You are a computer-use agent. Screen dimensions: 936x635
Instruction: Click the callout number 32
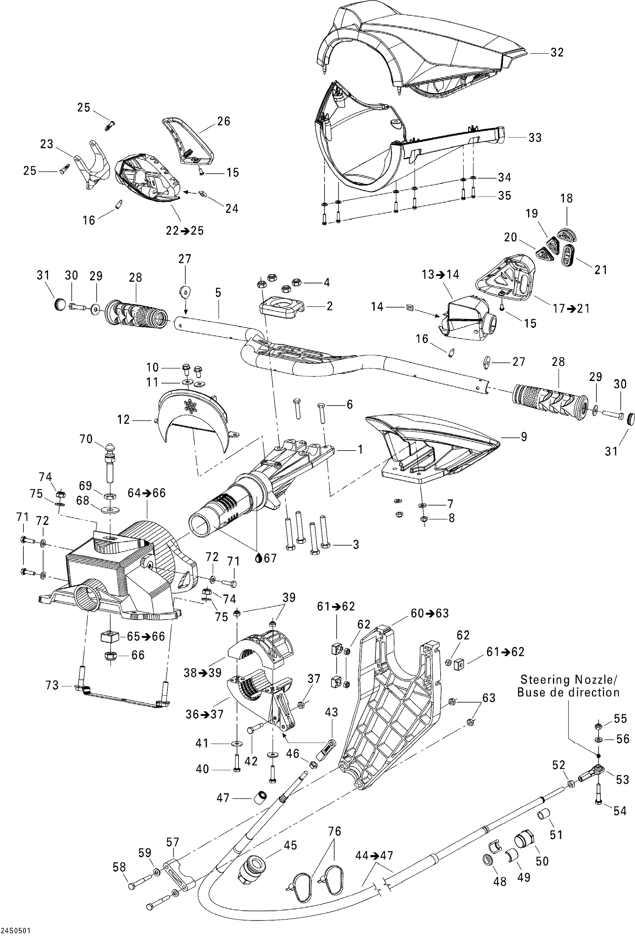pos(557,53)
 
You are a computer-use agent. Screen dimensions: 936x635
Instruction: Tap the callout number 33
pos(535,138)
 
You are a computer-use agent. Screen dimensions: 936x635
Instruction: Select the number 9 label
pos(524,436)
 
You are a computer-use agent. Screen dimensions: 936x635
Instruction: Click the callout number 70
pos(86,439)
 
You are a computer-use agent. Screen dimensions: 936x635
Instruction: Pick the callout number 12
pos(123,420)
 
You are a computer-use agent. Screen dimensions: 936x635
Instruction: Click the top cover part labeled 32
pos(423,44)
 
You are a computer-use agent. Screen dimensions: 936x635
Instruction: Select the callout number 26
pos(224,121)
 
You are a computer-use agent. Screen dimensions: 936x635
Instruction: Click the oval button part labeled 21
pos(568,255)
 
